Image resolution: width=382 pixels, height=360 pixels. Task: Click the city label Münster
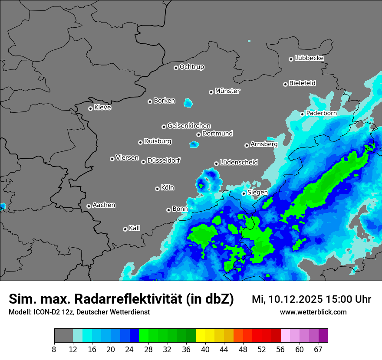click(227, 91)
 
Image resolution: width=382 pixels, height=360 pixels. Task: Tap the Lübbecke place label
click(309, 58)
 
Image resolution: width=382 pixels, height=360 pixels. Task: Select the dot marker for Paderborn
click(303, 114)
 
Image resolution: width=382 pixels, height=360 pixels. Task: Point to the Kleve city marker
click(90, 108)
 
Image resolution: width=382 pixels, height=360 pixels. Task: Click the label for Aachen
click(104, 205)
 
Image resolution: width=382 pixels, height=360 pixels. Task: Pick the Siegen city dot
click(244, 193)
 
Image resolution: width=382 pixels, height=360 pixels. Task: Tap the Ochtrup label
click(192, 67)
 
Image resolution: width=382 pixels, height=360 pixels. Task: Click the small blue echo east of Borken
click(188, 103)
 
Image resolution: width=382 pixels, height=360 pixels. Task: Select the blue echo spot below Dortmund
click(194, 144)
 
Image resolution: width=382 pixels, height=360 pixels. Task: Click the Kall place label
click(135, 228)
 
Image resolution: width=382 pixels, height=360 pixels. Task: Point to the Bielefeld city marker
click(286, 84)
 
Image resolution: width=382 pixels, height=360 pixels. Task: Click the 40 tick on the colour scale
click(205, 349)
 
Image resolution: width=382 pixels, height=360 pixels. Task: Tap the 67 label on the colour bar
click(318, 349)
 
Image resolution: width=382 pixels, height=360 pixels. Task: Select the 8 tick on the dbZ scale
click(54, 349)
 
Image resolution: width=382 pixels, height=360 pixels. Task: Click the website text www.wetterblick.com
click(313, 312)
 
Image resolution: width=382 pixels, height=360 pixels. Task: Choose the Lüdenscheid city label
click(239, 163)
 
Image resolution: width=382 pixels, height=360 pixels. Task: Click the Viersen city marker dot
click(112, 159)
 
